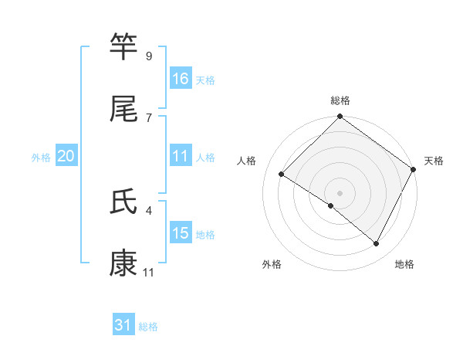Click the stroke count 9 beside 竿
click(148, 56)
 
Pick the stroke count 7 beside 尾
click(148, 117)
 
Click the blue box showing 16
click(181, 79)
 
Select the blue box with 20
click(66, 157)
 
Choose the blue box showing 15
click(181, 233)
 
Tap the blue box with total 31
click(123, 326)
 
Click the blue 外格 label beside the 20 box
click(41, 158)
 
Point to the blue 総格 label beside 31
click(148, 327)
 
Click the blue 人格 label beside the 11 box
click(205, 158)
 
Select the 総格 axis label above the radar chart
click(340, 100)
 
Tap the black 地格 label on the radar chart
click(404, 264)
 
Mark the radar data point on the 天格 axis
click(413, 169)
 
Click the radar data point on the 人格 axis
click(282, 173)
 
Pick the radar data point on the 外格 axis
click(331, 206)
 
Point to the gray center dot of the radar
click(340, 192)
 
